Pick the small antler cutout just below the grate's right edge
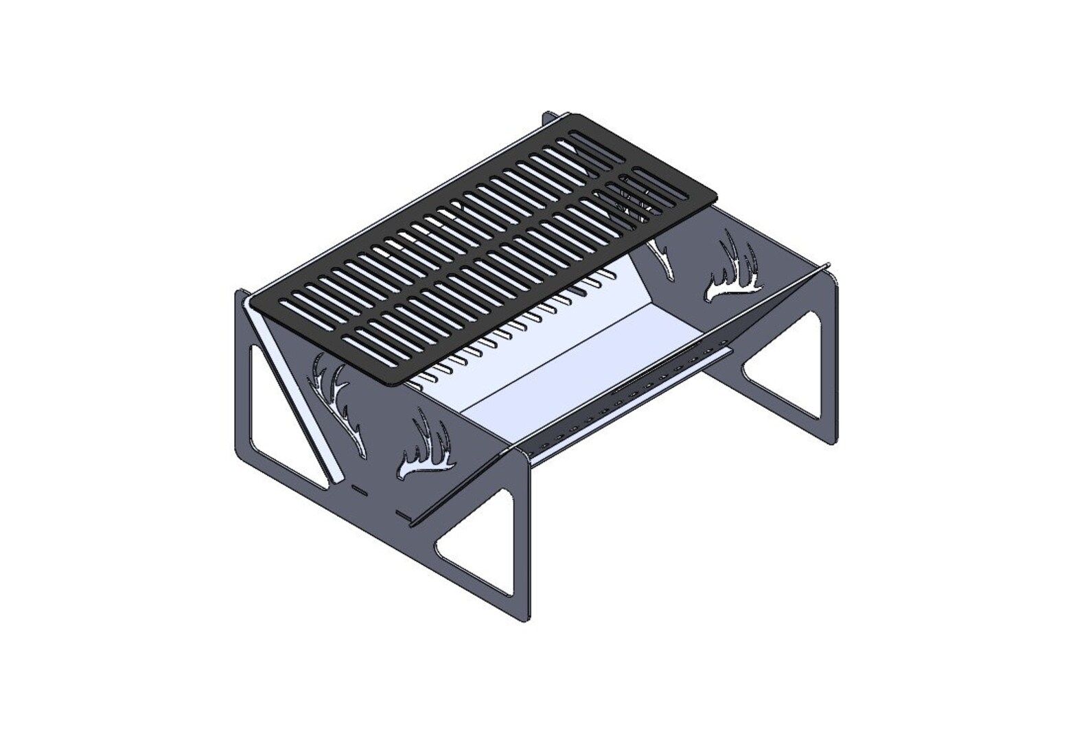coord(662,258)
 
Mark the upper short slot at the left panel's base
coord(358,489)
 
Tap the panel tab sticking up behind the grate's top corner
coord(549,118)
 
